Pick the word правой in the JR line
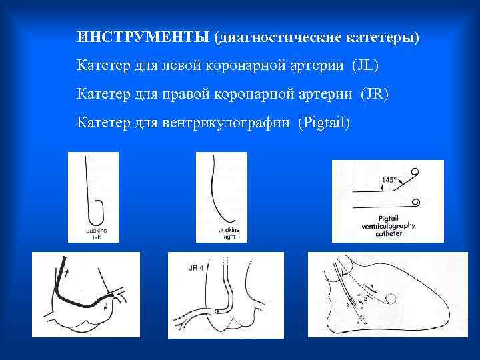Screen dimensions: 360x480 (182, 94)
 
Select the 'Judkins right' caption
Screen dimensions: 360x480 (228, 232)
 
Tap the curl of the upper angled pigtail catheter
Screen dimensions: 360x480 (416, 173)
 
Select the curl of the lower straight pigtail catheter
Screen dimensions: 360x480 (416, 201)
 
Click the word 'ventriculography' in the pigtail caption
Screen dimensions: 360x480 (388, 226)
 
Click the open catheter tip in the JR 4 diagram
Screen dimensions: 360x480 (229, 307)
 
